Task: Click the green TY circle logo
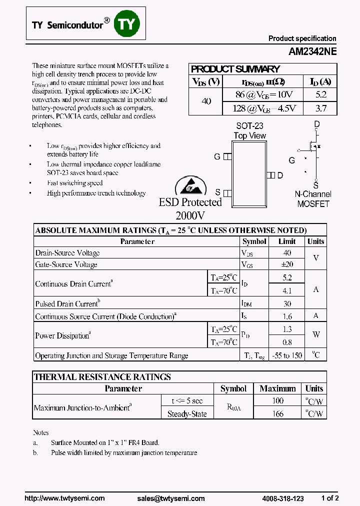[x=127, y=23]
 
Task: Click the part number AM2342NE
[x=312, y=51]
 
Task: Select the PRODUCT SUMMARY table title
[x=235, y=69]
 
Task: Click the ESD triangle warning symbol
[x=190, y=186]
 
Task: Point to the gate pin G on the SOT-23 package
[x=227, y=156]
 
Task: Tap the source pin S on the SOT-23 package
[x=227, y=192]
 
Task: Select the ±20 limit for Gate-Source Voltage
[x=287, y=264]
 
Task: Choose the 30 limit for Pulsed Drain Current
[x=287, y=303]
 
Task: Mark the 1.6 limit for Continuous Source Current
[x=287, y=316]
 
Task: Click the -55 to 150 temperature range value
[x=287, y=355]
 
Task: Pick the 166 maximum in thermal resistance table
[x=278, y=413]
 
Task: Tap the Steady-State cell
[x=187, y=414]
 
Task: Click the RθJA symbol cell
[x=233, y=407]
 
